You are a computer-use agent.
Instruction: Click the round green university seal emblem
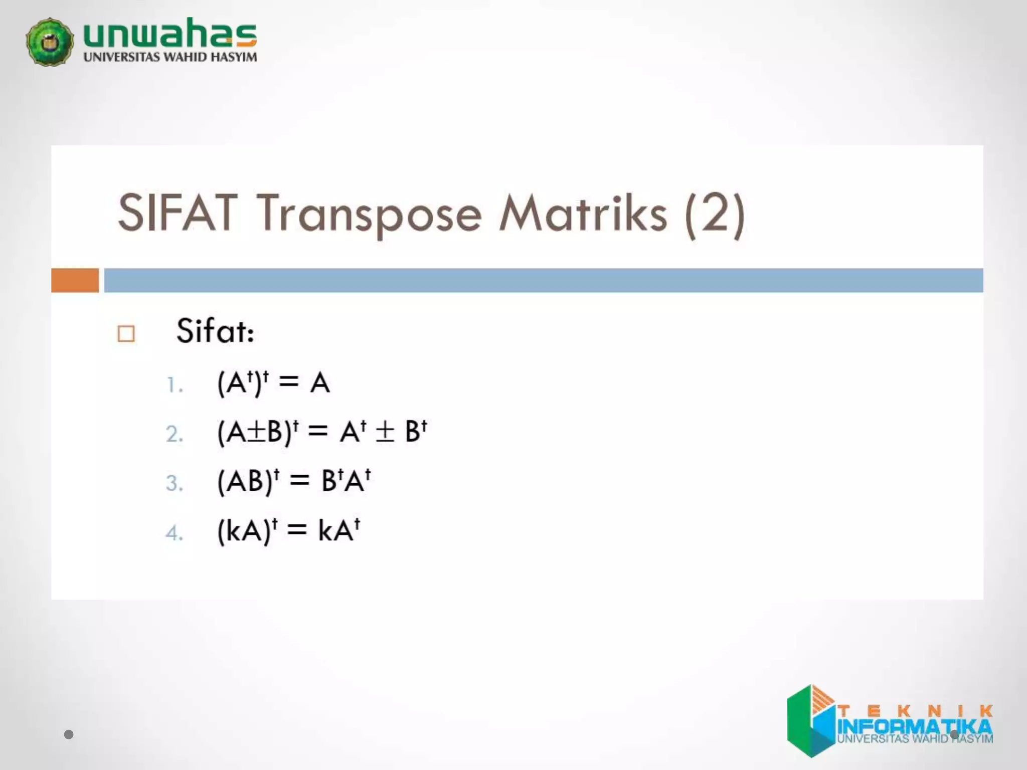click(x=50, y=42)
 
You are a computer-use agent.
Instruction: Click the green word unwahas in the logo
click(x=170, y=33)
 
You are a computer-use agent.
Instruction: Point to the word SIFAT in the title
click(x=177, y=213)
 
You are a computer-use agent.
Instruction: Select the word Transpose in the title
click(x=369, y=215)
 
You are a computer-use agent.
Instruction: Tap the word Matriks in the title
click(x=583, y=213)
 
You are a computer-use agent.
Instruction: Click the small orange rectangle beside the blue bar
click(x=75, y=280)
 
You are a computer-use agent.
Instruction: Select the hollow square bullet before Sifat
click(x=126, y=333)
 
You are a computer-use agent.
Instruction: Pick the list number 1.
click(x=174, y=386)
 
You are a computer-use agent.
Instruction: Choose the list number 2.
click(x=174, y=434)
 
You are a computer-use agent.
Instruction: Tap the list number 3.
click(x=174, y=483)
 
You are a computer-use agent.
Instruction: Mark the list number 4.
click(x=174, y=533)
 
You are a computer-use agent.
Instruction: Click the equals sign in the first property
click(x=289, y=382)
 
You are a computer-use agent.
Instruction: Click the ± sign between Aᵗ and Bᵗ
click(x=385, y=432)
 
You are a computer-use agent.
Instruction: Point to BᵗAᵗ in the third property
click(x=346, y=481)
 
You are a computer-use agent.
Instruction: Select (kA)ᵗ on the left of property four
click(x=247, y=530)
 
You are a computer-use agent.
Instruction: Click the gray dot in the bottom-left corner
click(x=69, y=735)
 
